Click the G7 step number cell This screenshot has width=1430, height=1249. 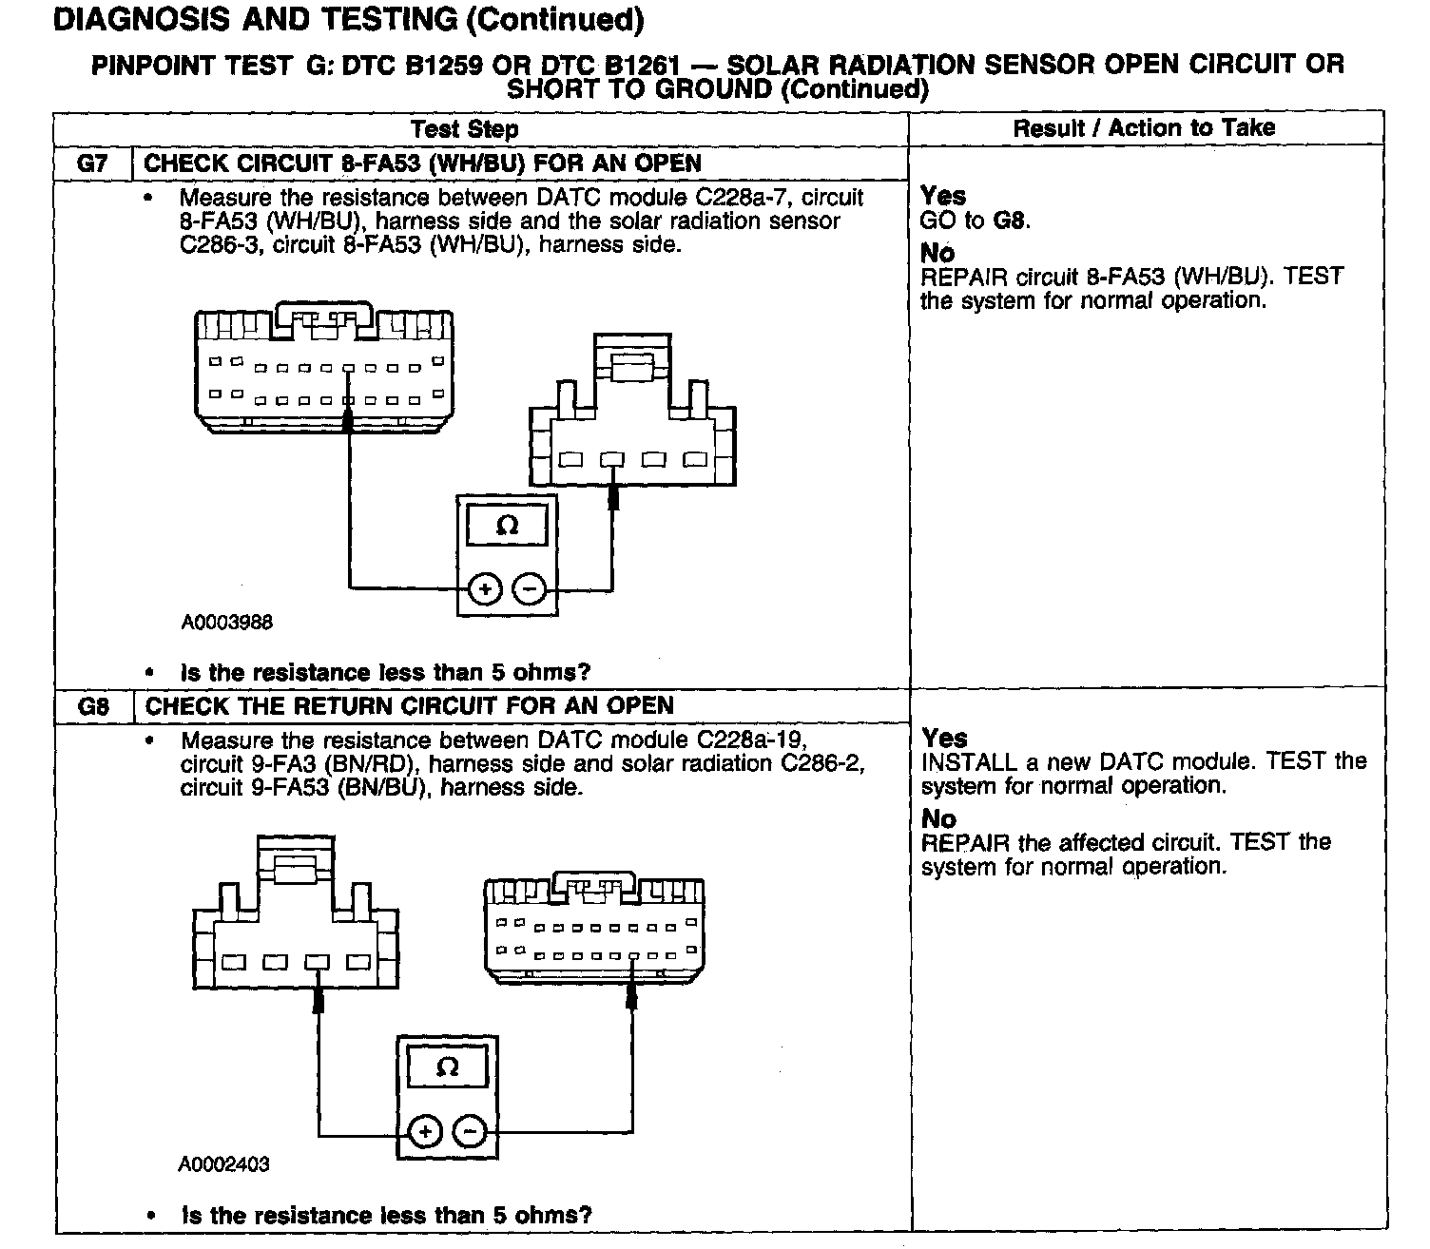point(92,163)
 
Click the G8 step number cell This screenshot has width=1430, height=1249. point(93,706)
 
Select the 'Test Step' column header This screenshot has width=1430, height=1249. point(465,129)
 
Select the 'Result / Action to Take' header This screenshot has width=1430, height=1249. point(1144,128)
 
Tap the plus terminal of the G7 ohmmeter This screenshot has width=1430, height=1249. point(485,589)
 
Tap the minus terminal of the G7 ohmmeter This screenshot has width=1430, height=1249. point(530,589)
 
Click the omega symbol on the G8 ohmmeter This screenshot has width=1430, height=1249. point(447,1066)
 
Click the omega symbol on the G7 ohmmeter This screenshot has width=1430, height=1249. point(508,525)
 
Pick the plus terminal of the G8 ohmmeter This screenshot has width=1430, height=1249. point(425,1131)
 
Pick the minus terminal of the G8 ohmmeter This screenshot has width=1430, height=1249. point(470,1131)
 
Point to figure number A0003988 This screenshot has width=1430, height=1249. point(227,623)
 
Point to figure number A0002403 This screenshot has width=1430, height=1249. point(223,1164)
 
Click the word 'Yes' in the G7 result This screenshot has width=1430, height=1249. point(943,197)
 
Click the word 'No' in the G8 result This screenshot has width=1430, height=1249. point(938,818)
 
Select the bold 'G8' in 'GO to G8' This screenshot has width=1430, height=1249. point(1011,221)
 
